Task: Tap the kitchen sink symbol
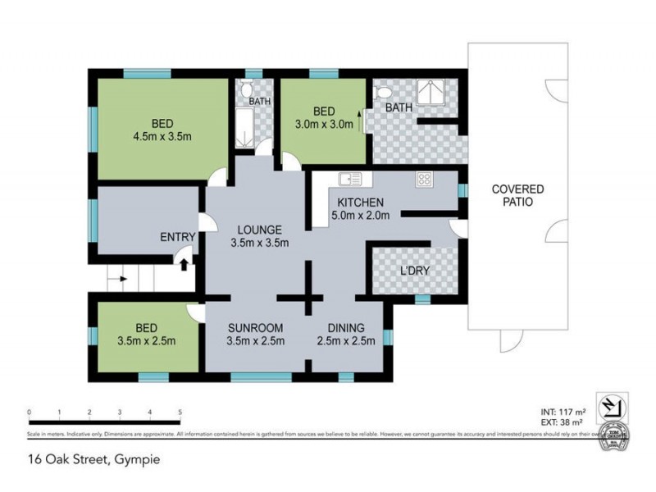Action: coord(347,178)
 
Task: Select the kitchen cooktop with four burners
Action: coord(426,178)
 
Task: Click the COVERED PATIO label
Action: coord(517,195)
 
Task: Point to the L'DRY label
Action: coord(415,271)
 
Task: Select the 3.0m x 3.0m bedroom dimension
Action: coord(324,125)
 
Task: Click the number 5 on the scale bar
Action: coord(180,412)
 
